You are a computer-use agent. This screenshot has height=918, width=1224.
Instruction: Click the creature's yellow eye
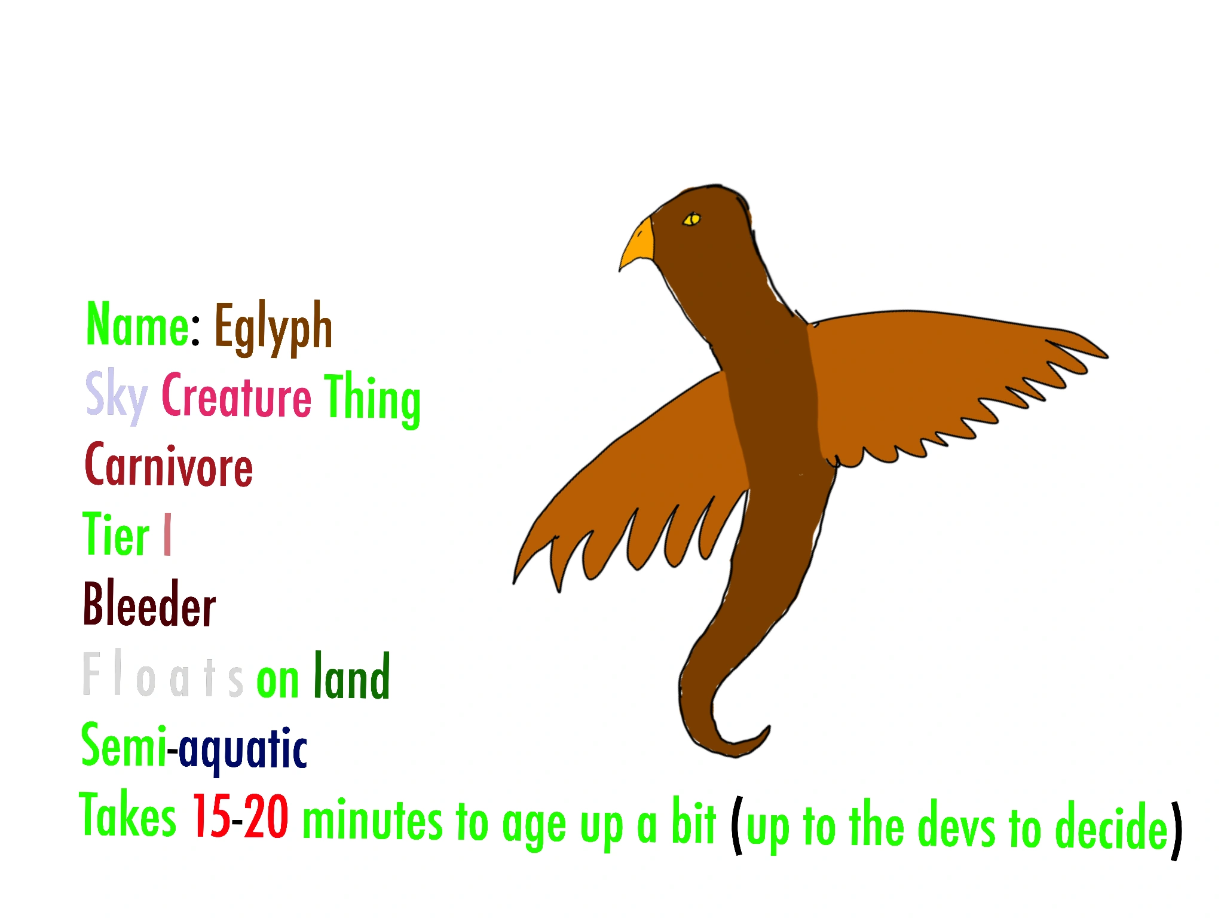click(691, 219)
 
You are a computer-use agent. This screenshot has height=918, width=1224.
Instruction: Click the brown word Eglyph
click(273, 327)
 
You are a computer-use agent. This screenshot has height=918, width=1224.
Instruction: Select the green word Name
click(137, 324)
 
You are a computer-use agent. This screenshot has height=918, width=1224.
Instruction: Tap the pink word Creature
click(236, 394)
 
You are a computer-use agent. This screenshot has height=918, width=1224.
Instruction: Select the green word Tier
click(116, 534)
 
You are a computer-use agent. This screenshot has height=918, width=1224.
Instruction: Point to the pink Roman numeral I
click(167, 534)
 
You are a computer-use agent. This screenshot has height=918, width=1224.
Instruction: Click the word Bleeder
click(149, 603)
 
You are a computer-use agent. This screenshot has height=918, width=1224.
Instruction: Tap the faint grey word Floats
click(163, 674)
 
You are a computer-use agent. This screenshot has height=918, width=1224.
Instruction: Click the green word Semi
click(123, 744)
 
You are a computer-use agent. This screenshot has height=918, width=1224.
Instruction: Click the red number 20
click(266, 816)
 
